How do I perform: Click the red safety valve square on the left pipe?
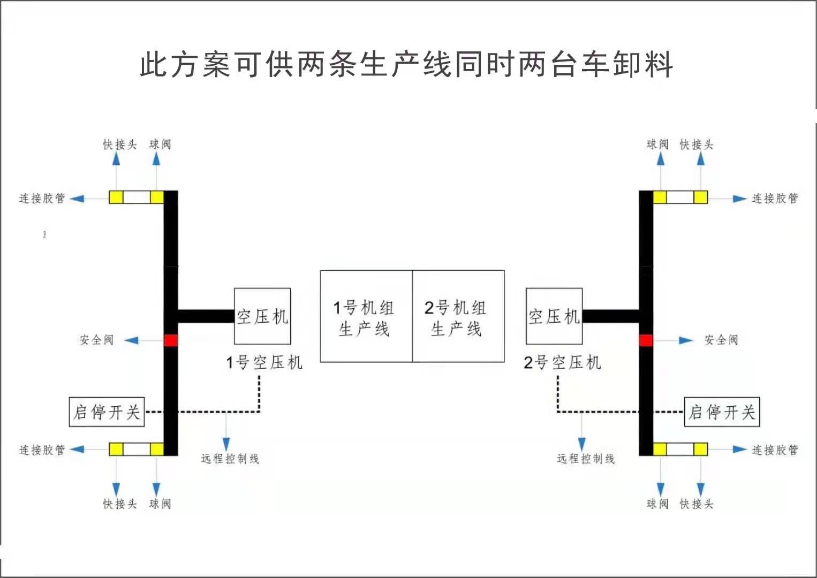click(170, 340)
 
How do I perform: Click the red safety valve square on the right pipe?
click(646, 340)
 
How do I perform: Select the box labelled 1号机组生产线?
click(366, 316)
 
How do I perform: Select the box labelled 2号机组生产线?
click(458, 316)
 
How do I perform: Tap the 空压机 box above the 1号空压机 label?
click(262, 316)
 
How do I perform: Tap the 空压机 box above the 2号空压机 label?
click(554, 316)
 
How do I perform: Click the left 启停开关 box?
click(107, 412)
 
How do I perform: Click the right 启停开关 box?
click(722, 412)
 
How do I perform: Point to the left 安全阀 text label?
click(96, 340)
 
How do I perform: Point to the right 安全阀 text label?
click(721, 340)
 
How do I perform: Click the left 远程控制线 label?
click(230, 459)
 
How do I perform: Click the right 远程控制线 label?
click(586, 459)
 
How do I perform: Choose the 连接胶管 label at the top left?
click(42, 199)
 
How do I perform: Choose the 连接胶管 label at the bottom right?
click(775, 450)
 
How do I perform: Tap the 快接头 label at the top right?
click(697, 144)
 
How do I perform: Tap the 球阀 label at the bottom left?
click(160, 504)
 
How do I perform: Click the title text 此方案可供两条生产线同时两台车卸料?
click(406, 65)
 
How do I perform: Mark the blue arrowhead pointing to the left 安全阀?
click(132, 340)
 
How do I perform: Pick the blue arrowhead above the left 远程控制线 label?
click(226, 444)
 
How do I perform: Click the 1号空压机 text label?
click(264, 363)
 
